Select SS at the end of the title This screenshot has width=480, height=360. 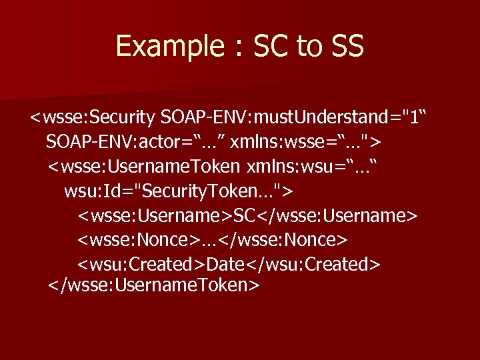(x=346, y=47)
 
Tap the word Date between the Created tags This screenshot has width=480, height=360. (x=227, y=264)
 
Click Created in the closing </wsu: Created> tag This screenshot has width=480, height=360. (x=339, y=264)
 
